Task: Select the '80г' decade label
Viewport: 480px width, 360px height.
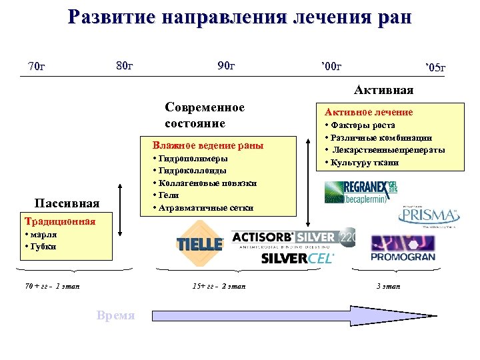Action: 125,65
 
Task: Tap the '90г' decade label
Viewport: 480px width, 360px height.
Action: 227,65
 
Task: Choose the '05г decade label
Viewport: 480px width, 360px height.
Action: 435,68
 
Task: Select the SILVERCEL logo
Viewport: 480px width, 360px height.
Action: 297,258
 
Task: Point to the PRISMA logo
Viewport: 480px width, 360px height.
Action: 428,216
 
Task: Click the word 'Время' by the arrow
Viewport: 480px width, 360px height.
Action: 115,315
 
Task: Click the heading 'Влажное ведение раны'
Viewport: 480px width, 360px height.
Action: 207,145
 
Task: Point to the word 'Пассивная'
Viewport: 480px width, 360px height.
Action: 67,203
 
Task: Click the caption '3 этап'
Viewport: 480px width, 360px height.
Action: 389,286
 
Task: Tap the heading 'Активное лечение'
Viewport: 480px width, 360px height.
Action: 369,112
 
